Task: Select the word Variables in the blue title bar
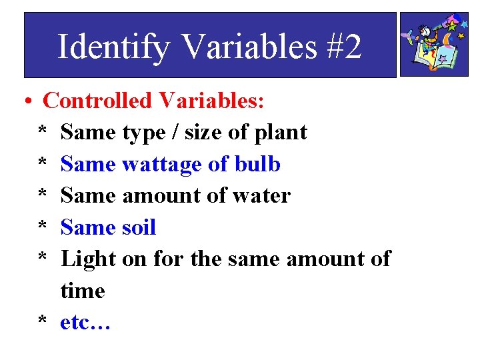[250, 47]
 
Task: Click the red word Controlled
[97, 101]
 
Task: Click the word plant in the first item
[281, 133]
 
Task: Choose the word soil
[139, 227]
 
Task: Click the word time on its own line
[83, 291]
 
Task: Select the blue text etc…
[85, 323]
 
